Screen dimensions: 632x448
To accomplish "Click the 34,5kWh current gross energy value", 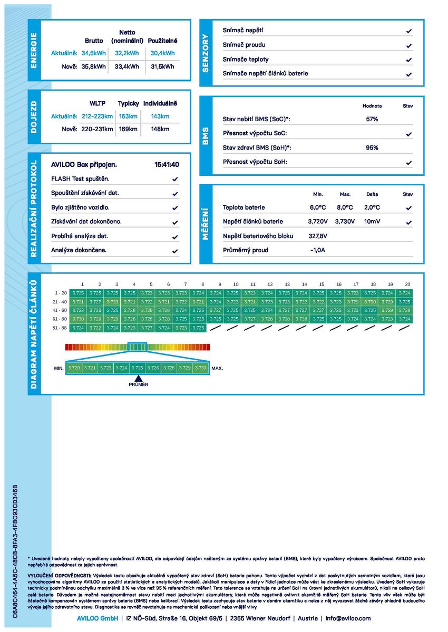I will coord(94,53).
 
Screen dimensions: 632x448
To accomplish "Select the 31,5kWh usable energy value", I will coord(162,67).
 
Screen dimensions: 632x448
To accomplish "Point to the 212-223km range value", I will coord(98,116).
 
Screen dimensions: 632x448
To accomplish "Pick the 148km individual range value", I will coord(160,129).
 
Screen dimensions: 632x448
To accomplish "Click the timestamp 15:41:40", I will coord(167,165).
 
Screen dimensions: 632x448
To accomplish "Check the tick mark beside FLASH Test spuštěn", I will coord(175,180).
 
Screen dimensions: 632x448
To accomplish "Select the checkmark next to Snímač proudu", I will coord(408,46).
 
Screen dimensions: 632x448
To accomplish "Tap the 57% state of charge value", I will coord(372,120).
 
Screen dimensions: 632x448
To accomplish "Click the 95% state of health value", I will coord(372,148).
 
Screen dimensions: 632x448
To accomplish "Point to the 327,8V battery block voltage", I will coord(318,236).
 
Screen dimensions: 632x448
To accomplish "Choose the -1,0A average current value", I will coord(318,250).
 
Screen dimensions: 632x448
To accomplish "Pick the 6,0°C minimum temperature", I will coord(318,208).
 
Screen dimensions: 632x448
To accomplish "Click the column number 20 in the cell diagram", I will coord(407,284).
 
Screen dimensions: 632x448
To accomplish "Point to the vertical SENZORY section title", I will coord(206,53).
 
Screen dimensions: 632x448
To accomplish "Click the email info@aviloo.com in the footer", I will coord(348,618).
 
